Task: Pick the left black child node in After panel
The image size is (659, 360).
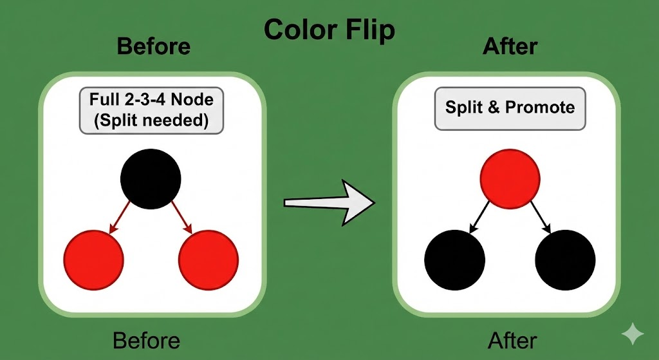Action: coord(455,261)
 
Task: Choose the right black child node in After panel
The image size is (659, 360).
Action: coord(564,261)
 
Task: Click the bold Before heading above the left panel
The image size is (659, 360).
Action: coord(154,46)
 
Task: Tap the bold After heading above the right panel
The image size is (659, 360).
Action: coord(510,46)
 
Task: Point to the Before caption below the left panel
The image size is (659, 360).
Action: coord(146,340)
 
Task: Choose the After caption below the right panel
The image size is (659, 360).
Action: coord(512,340)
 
